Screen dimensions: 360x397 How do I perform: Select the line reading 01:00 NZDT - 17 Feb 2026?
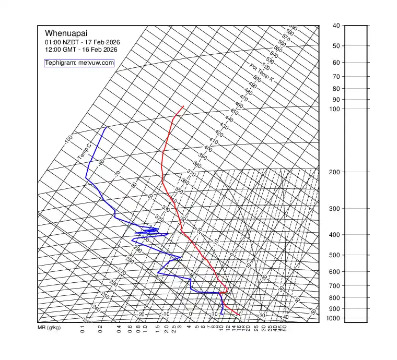[x=81, y=42]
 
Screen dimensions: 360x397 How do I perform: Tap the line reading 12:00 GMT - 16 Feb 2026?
[x=81, y=50]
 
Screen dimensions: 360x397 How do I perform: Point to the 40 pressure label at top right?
[x=336, y=26]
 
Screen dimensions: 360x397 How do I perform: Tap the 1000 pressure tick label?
[x=333, y=318]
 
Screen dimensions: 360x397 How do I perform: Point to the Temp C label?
[x=84, y=152]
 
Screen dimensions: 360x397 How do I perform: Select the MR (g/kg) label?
[x=49, y=328]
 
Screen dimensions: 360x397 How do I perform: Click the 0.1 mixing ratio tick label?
[x=83, y=329]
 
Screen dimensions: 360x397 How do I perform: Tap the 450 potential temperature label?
[x=234, y=112]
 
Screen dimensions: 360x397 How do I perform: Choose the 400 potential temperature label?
[x=208, y=149]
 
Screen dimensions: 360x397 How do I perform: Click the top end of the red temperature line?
[x=183, y=106]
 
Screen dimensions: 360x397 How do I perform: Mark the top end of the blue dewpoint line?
[x=106, y=127]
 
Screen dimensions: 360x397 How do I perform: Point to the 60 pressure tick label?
[x=336, y=63]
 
